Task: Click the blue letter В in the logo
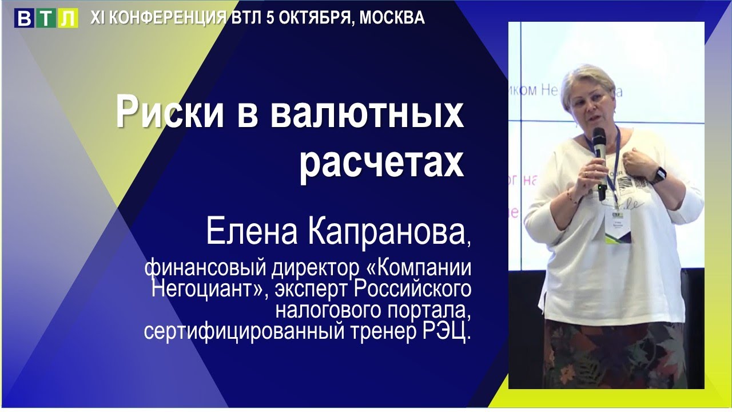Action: [x=25, y=18]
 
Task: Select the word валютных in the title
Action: [x=367, y=113]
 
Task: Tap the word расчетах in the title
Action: [x=381, y=163]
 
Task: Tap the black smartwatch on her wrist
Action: [x=658, y=175]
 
